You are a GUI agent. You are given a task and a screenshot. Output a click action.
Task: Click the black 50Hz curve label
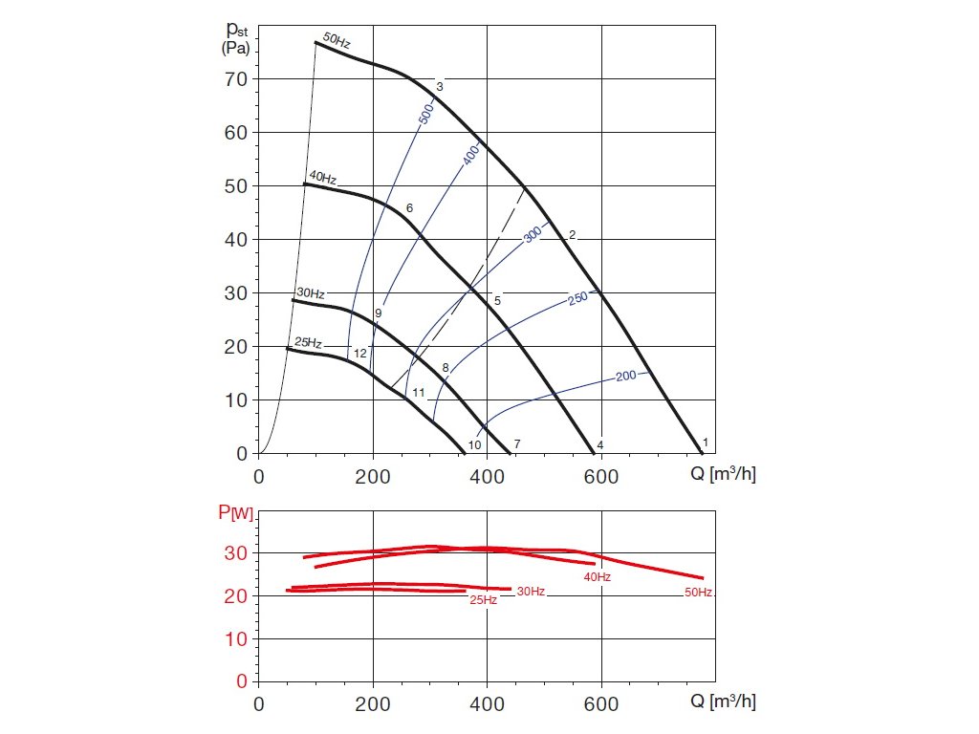pyautogui.click(x=336, y=40)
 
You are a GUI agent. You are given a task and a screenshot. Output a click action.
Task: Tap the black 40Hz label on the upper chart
pyautogui.click(x=322, y=178)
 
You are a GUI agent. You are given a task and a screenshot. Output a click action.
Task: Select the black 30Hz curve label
pyautogui.click(x=311, y=293)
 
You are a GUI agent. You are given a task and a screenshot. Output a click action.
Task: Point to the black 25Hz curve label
pyautogui.click(x=307, y=342)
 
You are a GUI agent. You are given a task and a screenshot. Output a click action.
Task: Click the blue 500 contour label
pyautogui.click(x=426, y=114)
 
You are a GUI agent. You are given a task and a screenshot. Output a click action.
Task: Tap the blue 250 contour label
pyautogui.click(x=577, y=298)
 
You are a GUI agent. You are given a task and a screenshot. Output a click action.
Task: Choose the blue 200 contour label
pyautogui.click(x=625, y=376)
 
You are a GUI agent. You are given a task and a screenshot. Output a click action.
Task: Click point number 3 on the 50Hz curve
pyautogui.click(x=439, y=87)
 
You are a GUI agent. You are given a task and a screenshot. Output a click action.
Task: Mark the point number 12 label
pyautogui.click(x=360, y=354)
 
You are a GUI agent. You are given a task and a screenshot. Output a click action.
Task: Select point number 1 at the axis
pyautogui.click(x=706, y=442)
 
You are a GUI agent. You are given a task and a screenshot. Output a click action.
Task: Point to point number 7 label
pyautogui.click(x=516, y=444)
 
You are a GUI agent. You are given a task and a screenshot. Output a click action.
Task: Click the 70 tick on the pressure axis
pyautogui.click(x=236, y=78)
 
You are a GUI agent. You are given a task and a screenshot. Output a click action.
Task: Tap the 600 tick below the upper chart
pyautogui.click(x=601, y=474)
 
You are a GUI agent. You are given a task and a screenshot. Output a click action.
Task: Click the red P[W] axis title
pyautogui.click(x=235, y=514)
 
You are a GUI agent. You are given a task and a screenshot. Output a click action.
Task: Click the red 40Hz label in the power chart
pyautogui.click(x=598, y=577)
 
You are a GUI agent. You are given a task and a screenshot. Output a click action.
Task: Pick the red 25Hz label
pyautogui.click(x=483, y=600)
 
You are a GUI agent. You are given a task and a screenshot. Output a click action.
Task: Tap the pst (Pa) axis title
pyautogui.click(x=235, y=39)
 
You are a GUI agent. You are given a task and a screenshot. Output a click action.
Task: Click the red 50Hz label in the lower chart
pyautogui.click(x=698, y=593)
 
